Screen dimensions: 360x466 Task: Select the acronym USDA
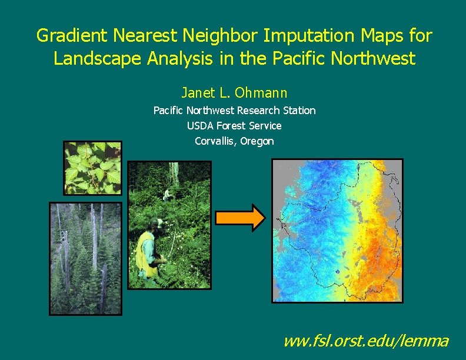pos(200,126)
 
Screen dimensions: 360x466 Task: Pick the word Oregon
pos(258,141)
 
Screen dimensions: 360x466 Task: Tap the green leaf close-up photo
pos(92,168)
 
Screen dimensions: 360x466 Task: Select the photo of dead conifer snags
pos(86,258)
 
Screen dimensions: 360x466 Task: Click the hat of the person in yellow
pos(157,223)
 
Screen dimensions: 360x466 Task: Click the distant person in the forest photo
pos(167,194)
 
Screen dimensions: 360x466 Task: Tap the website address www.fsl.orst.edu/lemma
pos(365,341)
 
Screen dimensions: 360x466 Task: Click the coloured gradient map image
pos(337,231)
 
